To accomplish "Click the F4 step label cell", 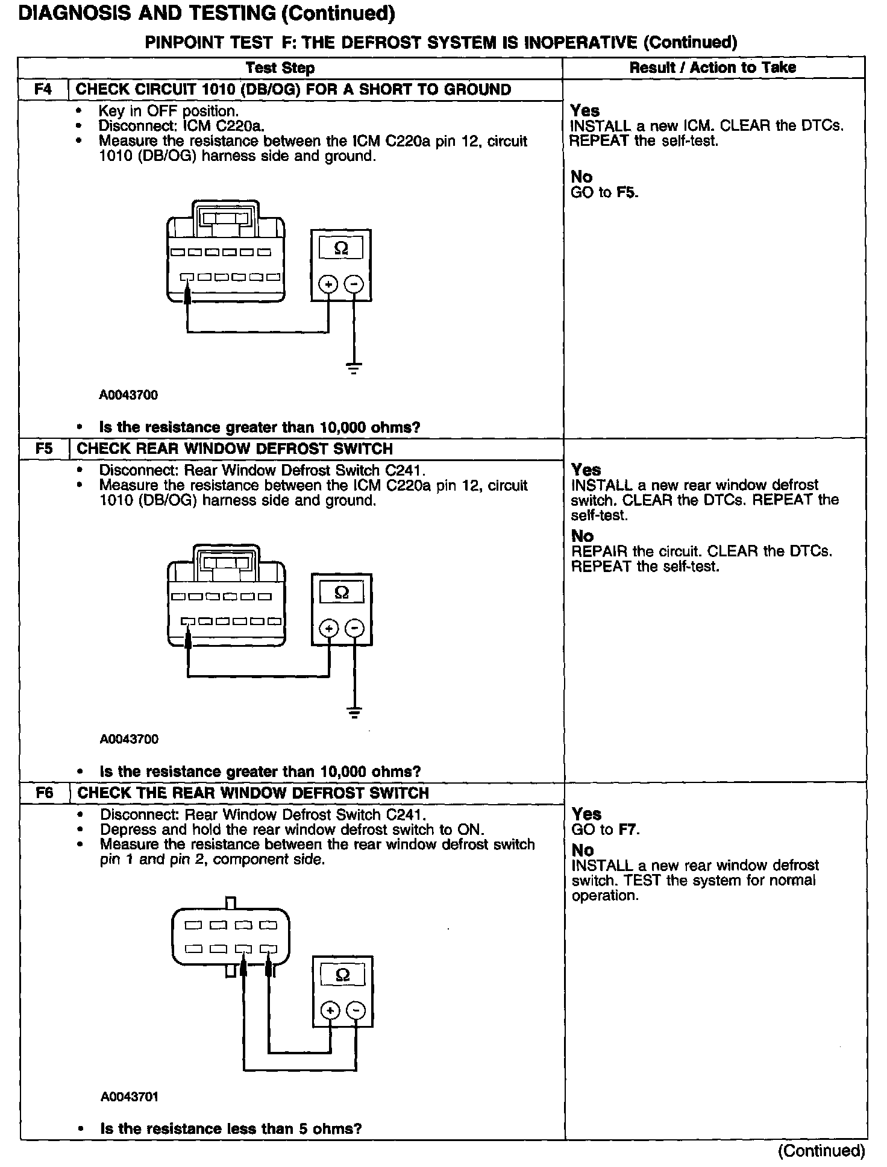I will pyautogui.click(x=43, y=90).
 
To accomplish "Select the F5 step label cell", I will pyautogui.click(x=44, y=449).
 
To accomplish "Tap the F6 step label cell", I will pyautogui.click(x=45, y=793).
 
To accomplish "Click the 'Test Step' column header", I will pyautogui.click(x=280, y=68).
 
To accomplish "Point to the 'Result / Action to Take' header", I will pyautogui.click(x=713, y=68).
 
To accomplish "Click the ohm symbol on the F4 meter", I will pyautogui.click(x=341, y=248).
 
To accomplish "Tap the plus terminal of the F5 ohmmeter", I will pyautogui.click(x=329, y=629).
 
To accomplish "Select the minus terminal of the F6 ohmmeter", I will pyautogui.click(x=357, y=1010).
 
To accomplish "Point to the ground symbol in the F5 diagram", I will pyautogui.click(x=355, y=712).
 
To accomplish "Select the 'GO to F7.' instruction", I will pyautogui.click(x=606, y=829).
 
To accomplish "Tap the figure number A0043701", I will pyautogui.click(x=130, y=1096).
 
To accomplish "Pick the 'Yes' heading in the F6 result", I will pyautogui.click(x=587, y=814).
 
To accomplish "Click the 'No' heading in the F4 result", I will pyautogui.click(x=582, y=177).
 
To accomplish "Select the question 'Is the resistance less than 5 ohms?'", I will pyautogui.click(x=231, y=1128).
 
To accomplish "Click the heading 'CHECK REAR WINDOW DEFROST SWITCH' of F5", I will pyautogui.click(x=235, y=449).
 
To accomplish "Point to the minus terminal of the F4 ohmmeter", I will pyautogui.click(x=354, y=284).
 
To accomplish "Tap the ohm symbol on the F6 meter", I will pyautogui.click(x=342, y=975).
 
